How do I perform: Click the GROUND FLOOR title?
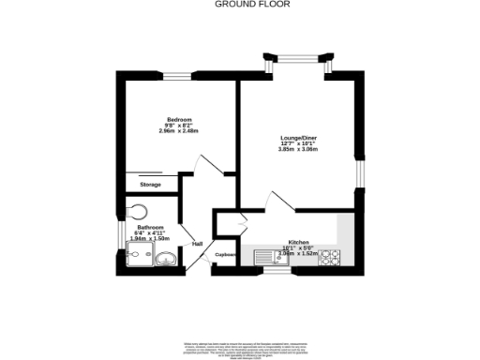click(240, 4)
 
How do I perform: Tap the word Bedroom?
click(180, 119)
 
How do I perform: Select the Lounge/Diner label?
click(298, 138)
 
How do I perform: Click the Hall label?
click(198, 244)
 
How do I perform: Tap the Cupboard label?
click(225, 254)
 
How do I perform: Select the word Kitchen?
click(298, 242)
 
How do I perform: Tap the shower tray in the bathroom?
click(139, 253)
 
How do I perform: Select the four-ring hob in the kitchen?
click(330, 257)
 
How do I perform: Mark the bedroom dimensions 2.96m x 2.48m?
click(180, 131)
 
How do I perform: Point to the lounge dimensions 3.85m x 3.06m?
click(298, 150)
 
